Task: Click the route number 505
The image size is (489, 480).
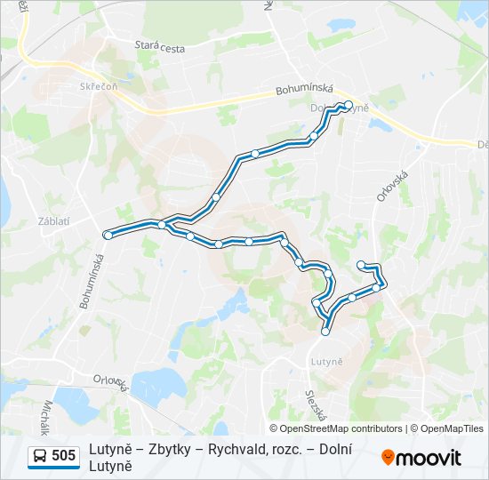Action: coord(63,456)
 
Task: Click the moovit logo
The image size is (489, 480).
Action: coord(421,457)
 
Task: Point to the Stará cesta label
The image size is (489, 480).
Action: coord(160,47)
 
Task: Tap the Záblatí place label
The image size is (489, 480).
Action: coord(52,221)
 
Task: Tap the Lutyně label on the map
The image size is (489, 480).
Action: coord(327,361)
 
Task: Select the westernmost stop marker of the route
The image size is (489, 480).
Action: coord(108,235)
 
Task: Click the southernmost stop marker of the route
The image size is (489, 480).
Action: coord(325,332)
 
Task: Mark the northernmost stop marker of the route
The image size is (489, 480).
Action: coord(349,104)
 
